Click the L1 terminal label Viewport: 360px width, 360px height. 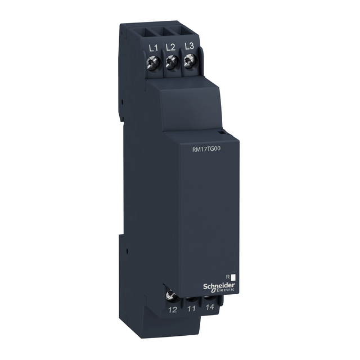pos(151,49)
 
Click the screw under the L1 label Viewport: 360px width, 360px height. pos(152,62)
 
